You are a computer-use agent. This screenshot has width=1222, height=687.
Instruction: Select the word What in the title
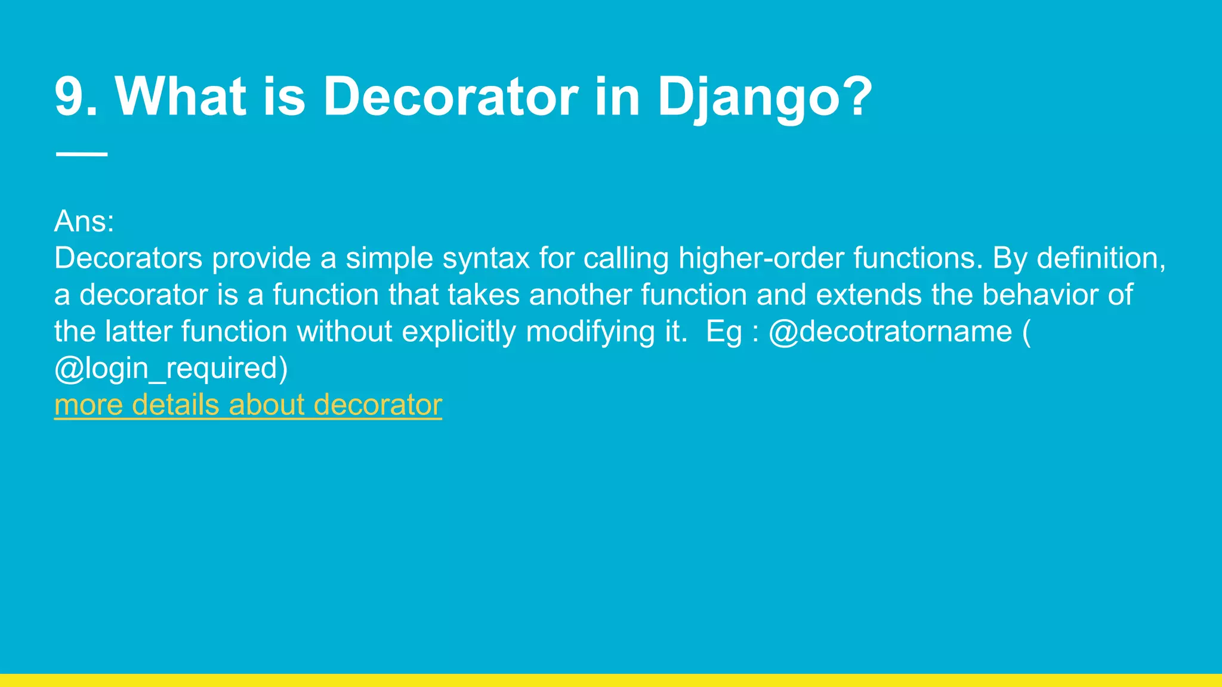tap(180, 97)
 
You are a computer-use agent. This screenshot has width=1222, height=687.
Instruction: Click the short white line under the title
tap(81, 154)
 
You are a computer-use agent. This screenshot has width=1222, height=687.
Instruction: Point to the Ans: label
tap(84, 222)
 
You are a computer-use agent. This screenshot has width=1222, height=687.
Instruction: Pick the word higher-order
tap(761, 259)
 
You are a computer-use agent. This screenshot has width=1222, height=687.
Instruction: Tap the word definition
tap(1101, 259)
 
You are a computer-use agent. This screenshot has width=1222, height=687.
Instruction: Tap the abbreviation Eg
tap(724, 332)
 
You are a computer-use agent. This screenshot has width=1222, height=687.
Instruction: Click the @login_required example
tap(171, 369)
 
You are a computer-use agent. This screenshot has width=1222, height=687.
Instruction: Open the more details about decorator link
tap(248, 405)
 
